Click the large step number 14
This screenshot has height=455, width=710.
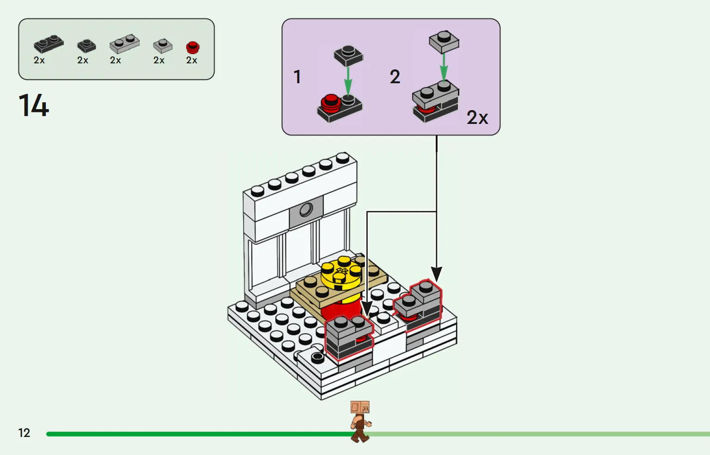point(34,105)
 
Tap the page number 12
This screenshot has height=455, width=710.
point(24,433)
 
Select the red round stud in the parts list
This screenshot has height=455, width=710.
point(192,47)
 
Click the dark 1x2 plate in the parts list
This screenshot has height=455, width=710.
point(49,43)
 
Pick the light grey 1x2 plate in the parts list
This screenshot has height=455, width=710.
point(124,43)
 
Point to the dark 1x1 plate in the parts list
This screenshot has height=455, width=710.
point(86,45)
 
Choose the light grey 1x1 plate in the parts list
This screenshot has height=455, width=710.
point(162,45)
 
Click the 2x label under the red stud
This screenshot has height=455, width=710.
point(191,61)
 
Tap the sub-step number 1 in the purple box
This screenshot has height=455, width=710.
point(297,77)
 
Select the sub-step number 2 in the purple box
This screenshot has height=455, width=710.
point(395,77)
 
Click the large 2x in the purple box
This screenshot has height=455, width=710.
point(477,117)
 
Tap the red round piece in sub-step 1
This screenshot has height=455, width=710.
point(331,103)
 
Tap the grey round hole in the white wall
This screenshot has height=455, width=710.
point(306,210)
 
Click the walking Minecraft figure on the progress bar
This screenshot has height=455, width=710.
point(360,421)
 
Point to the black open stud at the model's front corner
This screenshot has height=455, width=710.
point(317,357)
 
